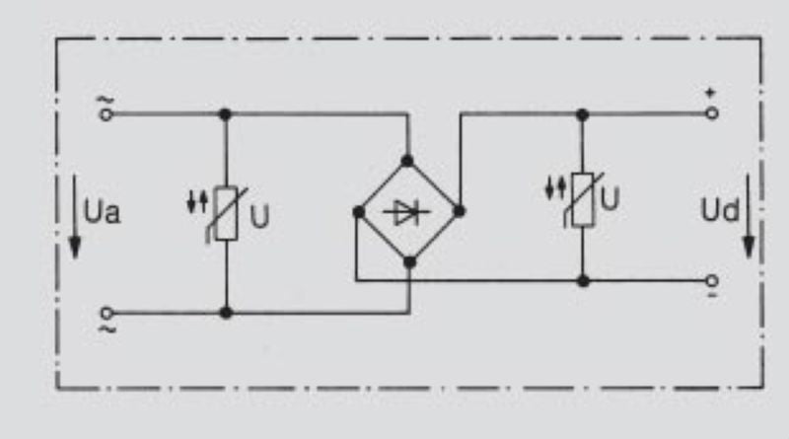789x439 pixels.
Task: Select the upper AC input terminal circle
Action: click(x=107, y=113)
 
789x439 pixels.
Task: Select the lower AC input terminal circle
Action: click(x=107, y=313)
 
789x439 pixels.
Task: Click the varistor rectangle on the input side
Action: click(x=226, y=214)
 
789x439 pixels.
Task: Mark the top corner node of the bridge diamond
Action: click(x=407, y=160)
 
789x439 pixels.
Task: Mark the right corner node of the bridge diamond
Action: click(x=459, y=210)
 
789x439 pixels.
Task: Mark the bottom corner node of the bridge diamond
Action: click(x=407, y=261)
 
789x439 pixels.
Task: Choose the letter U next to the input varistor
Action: click(x=259, y=215)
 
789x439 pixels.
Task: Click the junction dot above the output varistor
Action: click(x=583, y=114)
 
